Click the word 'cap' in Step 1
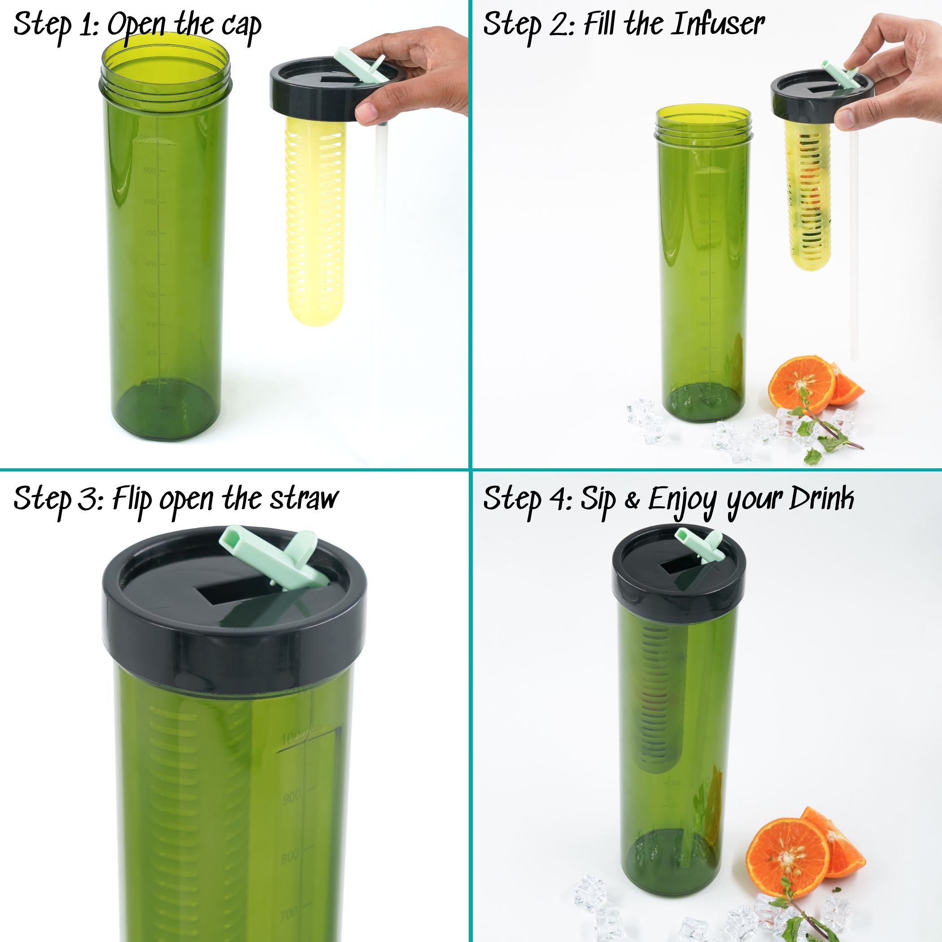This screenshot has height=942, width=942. [242, 27]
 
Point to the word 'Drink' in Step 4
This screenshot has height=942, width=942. [823, 498]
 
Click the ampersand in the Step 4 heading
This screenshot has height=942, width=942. [632, 501]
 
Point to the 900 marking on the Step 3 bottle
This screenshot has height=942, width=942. [292, 798]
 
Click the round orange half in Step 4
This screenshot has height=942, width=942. [787, 858]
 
